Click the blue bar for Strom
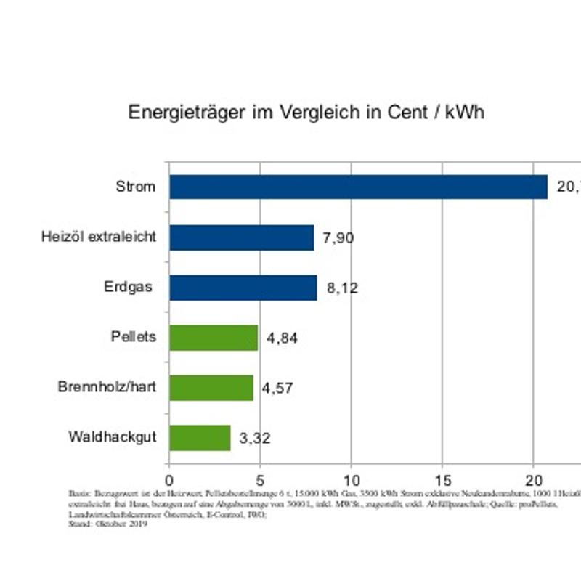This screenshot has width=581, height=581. click(358, 187)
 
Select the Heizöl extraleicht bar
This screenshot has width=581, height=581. click(241, 237)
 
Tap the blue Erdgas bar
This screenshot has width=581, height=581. click(243, 288)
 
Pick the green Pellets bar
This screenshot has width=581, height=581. click(213, 338)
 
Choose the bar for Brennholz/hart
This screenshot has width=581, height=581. click(211, 388)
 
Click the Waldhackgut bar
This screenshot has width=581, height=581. click(200, 438)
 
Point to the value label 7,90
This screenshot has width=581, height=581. click(338, 238)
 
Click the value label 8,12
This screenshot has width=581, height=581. click(342, 288)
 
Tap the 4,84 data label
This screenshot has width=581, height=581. click(283, 338)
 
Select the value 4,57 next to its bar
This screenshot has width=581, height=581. click(277, 389)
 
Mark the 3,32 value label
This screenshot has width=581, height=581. click(255, 439)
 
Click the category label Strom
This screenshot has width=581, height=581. click(136, 187)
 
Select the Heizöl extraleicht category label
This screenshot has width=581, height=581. click(98, 237)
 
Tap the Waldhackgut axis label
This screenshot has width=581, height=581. click(113, 438)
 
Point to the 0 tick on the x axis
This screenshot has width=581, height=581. click(169, 481)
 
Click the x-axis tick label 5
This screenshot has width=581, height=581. click(260, 481)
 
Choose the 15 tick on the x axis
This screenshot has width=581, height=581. click(442, 481)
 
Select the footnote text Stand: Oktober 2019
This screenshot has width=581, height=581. click(107, 524)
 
